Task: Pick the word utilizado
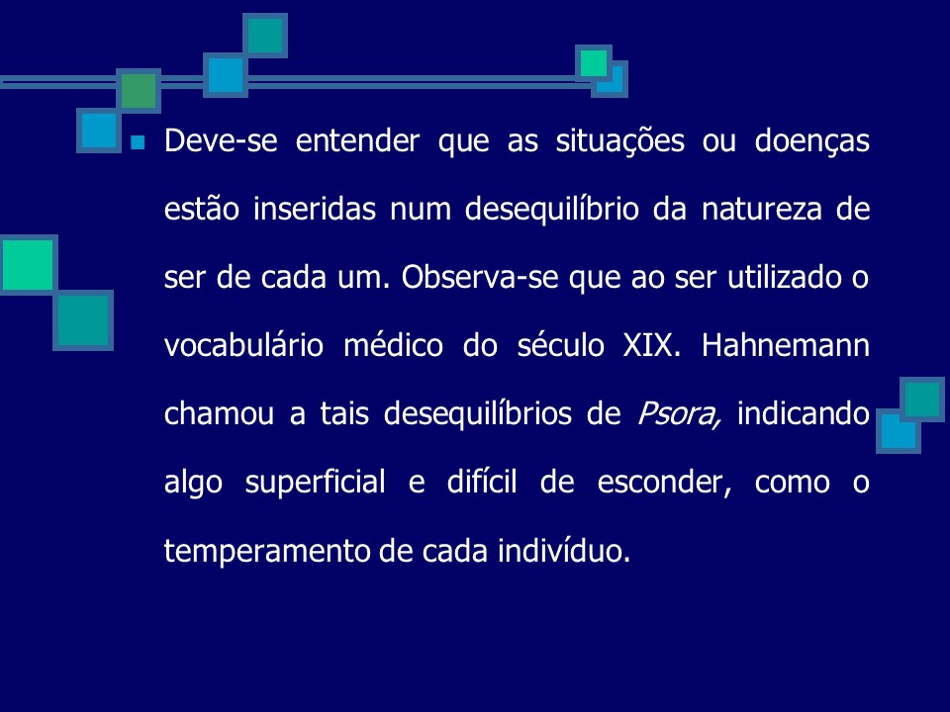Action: [x=762, y=278]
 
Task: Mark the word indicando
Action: [x=804, y=414]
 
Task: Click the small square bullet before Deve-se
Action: [x=138, y=143]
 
